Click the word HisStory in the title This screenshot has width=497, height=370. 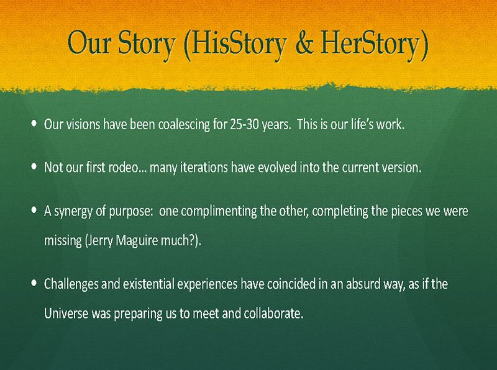pyautogui.click(x=239, y=45)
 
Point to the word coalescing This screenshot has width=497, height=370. pyautogui.click(x=184, y=125)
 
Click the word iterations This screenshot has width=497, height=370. pyautogui.click(x=204, y=167)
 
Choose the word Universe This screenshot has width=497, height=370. pyautogui.click(x=66, y=314)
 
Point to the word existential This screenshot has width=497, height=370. pyautogui.click(x=148, y=284)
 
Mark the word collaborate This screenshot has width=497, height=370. pyautogui.click(x=273, y=314)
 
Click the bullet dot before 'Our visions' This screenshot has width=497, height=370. pyautogui.click(x=34, y=123)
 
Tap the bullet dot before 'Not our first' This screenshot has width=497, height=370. pyautogui.click(x=34, y=166)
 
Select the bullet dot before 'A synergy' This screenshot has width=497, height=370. pyautogui.click(x=34, y=210)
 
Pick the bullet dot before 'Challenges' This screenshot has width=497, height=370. pyautogui.click(x=34, y=283)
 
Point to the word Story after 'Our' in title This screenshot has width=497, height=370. pyautogui.click(x=147, y=45)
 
